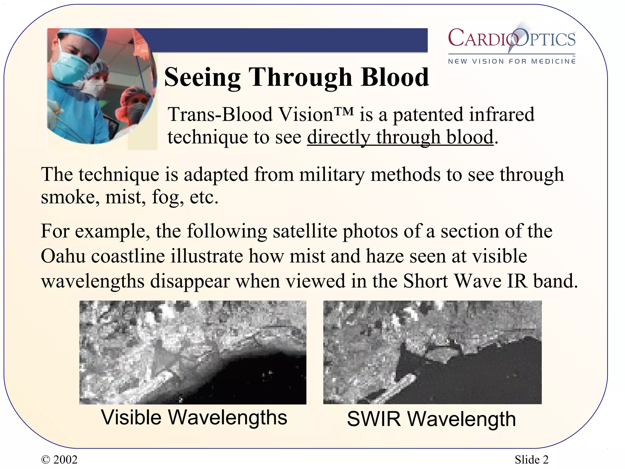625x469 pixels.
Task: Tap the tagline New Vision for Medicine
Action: point(511,61)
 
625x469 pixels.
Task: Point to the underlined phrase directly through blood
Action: point(400,137)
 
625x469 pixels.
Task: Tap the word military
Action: point(332,175)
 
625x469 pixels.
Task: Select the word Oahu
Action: point(63,256)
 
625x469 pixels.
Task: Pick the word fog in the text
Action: point(167,198)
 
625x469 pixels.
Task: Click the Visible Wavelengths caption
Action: point(194,417)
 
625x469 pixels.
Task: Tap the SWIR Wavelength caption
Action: point(431,419)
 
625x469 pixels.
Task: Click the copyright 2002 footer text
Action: point(59,460)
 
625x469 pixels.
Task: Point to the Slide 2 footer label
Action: point(531,460)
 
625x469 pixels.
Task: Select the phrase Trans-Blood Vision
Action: point(250,115)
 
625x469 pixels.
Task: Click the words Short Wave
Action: point(452,281)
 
